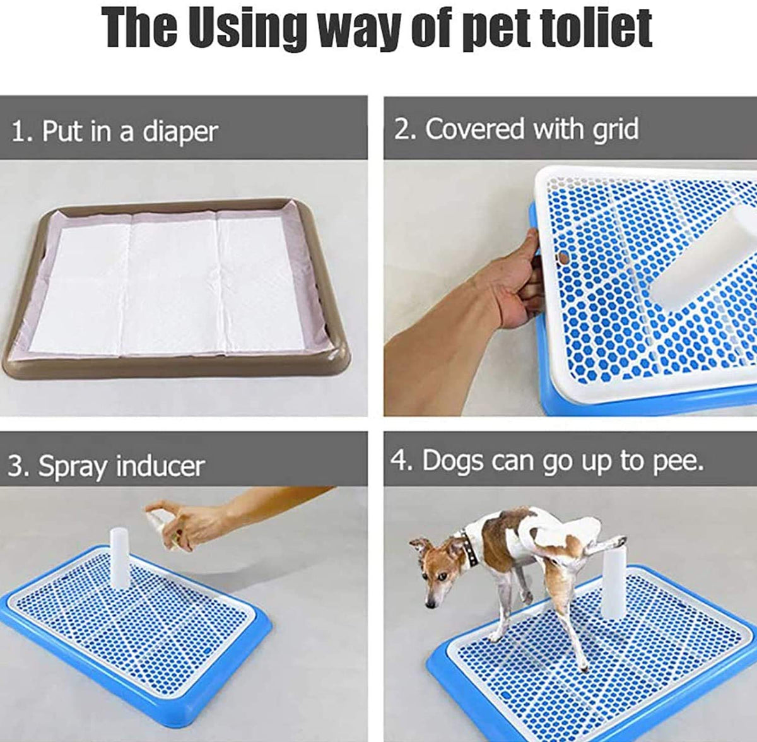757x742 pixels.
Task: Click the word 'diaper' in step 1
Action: pyautogui.click(x=180, y=132)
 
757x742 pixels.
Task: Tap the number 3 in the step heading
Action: pyautogui.click(x=16, y=467)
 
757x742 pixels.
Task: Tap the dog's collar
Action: pyautogui.click(x=469, y=546)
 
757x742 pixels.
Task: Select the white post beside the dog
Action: pyautogui.click(x=614, y=587)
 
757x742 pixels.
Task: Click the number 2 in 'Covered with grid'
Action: pyautogui.click(x=402, y=129)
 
